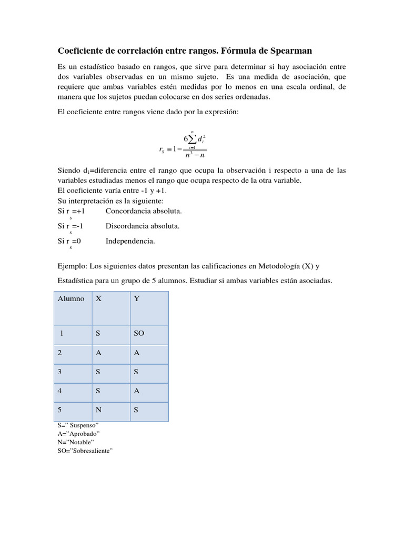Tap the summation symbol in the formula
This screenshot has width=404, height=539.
pyautogui.click(x=193, y=139)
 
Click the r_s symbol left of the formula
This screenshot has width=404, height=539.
pyautogui.click(x=162, y=149)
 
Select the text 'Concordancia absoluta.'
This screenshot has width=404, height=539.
pyautogui.click(x=144, y=211)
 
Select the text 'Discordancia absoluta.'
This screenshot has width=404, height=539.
pyautogui.click(x=143, y=226)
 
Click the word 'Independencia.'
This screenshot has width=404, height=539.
pyautogui.click(x=130, y=241)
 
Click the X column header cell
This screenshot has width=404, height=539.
pyautogui.click(x=98, y=298)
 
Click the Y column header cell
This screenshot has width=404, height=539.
pyautogui.click(x=137, y=298)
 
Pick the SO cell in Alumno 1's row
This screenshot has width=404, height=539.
pyautogui.click(x=139, y=334)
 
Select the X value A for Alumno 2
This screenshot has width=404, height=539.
pyautogui.click(x=98, y=353)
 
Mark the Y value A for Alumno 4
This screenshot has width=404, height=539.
pyautogui.click(x=137, y=391)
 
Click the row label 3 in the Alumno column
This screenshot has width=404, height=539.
pyautogui.click(x=60, y=372)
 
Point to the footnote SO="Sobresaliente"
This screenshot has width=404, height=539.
pyautogui.click(x=86, y=451)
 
